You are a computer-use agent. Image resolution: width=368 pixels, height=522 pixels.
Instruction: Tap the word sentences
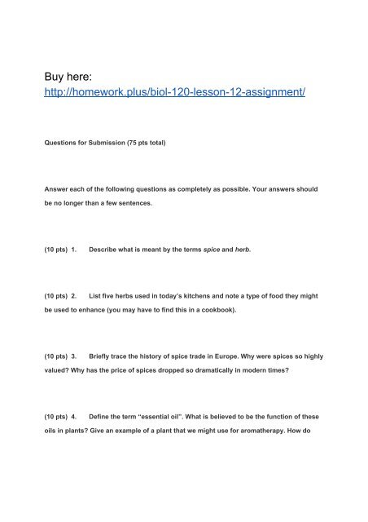coord(150,220)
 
